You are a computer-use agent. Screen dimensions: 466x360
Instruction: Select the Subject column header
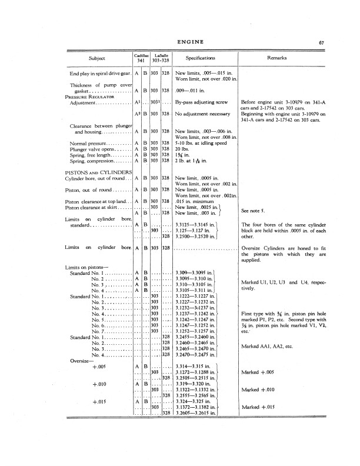(x=97, y=59)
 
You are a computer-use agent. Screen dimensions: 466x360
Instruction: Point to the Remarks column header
(x=277, y=59)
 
